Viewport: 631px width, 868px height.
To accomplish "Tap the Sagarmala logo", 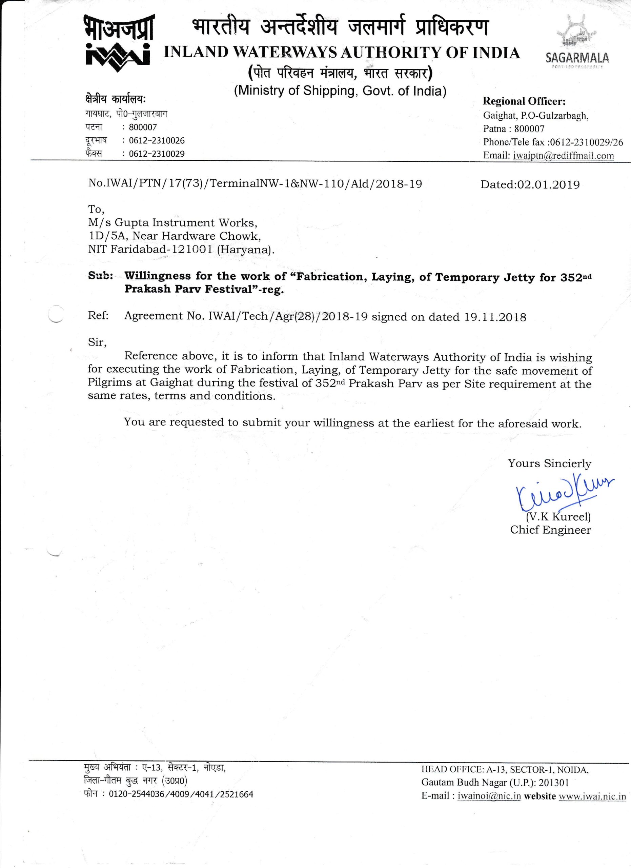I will click(x=577, y=42).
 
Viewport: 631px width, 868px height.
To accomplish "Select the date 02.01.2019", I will click(x=548, y=184).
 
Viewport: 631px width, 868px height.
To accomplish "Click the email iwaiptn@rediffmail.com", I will click(x=563, y=155).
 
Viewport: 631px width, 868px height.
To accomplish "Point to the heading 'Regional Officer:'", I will click(x=524, y=101).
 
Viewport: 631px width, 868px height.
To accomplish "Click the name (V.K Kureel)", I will click(x=558, y=517).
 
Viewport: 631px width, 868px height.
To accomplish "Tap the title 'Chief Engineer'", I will click(x=550, y=530).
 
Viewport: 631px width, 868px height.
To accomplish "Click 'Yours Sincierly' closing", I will click(x=549, y=463).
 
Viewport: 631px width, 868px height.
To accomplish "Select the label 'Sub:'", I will click(x=100, y=276).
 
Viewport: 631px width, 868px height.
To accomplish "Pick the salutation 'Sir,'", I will click(x=97, y=342).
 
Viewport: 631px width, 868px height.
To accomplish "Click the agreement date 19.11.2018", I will click(x=496, y=317).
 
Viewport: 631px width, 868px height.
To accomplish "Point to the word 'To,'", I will click(x=96, y=209).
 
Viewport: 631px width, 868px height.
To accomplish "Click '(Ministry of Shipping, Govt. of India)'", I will click(x=340, y=91).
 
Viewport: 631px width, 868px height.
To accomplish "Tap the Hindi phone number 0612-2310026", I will click(x=157, y=140).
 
